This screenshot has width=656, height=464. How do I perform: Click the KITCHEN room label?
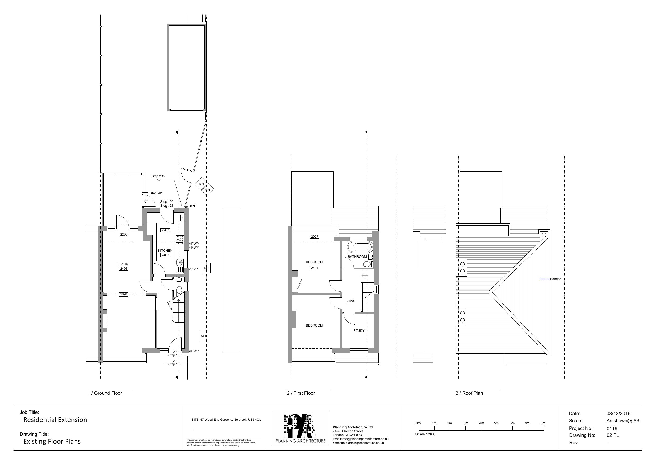(165, 250)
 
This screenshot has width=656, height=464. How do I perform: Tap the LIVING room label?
(123, 264)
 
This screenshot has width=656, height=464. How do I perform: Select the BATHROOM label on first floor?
(357, 256)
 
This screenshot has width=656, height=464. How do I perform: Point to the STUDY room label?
(359, 330)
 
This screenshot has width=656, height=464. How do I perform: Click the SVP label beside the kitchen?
(195, 269)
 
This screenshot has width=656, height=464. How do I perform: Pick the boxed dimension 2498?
(124, 269)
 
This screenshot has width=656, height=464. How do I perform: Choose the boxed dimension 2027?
(315, 237)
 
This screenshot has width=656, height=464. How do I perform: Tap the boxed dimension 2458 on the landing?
(350, 301)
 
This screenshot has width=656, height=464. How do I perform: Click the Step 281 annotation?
(156, 193)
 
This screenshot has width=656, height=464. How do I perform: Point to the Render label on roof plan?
(555, 279)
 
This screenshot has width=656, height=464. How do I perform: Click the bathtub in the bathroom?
(360, 247)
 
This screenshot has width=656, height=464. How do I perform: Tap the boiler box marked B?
(182, 218)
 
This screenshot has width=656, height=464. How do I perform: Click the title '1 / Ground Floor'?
(105, 393)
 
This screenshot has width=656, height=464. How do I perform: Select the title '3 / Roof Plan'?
(469, 393)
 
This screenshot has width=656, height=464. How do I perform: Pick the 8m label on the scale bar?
(543, 423)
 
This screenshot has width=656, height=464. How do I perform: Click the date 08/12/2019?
(618, 414)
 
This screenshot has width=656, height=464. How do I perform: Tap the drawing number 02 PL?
(613, 435)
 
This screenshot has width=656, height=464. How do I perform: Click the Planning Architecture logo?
(301, 428)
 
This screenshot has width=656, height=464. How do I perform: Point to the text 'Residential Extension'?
(55, 420)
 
